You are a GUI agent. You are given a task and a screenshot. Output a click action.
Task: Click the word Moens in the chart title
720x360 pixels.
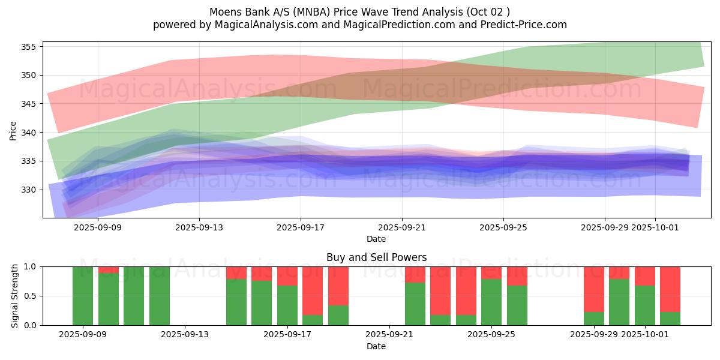[223, 12]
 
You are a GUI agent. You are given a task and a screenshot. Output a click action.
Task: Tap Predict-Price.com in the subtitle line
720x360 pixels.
[529, 25]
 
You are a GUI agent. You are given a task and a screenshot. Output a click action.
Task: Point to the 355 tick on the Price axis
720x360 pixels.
[28, 47]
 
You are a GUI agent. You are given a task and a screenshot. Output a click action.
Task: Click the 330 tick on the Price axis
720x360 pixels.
[28, 190]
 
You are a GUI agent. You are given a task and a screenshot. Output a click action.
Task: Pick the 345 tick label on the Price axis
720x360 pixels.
[28, 104]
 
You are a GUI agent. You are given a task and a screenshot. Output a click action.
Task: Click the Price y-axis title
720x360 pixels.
[13, 130]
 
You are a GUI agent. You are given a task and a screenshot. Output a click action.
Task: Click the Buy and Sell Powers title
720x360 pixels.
[376, 257]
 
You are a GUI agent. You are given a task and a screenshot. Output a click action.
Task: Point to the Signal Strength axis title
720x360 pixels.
[15, 296]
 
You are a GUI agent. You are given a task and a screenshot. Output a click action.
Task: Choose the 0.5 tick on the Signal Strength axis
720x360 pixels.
[30, 296]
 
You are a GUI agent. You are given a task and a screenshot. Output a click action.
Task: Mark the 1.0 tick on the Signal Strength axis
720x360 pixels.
[30, 266]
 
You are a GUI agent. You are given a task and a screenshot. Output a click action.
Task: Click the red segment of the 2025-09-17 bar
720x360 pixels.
[287, 275]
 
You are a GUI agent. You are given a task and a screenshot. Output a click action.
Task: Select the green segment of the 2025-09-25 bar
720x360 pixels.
[491, 302]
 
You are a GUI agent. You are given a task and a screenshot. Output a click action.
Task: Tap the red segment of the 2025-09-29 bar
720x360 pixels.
[594, 289]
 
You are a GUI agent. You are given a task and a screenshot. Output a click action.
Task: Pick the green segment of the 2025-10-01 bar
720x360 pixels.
[645, 305]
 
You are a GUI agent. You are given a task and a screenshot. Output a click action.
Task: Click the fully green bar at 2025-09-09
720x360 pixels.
[83, 296]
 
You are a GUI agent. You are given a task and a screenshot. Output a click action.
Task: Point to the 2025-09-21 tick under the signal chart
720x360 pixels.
[389, 335]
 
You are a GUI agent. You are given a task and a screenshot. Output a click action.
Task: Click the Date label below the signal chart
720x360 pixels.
[376, 346]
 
